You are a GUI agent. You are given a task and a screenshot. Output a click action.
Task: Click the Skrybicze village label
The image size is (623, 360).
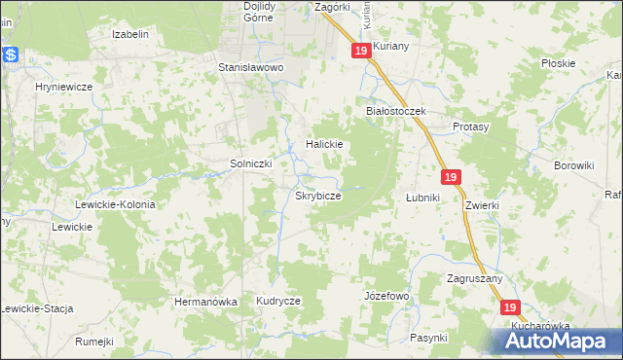pos(317,196)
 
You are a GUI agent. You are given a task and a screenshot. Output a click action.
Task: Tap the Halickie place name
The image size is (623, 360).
pos(325,144)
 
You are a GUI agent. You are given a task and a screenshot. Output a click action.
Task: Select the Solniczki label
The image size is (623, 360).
pos(250,163)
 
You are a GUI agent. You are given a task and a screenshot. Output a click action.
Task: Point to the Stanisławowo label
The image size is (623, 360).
pos(249,68)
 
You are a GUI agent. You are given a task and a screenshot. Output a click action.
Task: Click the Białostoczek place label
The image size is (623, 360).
pos(396,112)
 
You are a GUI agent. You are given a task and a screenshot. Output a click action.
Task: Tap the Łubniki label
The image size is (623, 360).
pos(423,198)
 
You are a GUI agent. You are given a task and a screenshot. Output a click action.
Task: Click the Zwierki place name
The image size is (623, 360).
pos(482,205)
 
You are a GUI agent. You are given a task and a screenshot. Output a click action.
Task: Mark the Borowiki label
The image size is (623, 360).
pos(573,165)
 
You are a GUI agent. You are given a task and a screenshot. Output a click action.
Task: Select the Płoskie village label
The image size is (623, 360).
pos(559,63)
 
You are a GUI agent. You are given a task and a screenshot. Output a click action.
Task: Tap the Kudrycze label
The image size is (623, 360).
pos(278,302)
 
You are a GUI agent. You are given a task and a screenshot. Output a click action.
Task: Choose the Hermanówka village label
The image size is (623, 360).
pos(205,302)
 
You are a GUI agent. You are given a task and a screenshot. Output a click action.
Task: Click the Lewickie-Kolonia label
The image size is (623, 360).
pos(115,205)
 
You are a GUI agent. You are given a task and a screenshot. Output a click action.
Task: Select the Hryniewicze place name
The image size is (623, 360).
pos(63,87)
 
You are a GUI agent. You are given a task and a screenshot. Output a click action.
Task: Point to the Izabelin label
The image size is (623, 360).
pos(130,34)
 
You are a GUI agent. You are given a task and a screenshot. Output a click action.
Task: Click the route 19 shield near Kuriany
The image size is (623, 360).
pos(361,51)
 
